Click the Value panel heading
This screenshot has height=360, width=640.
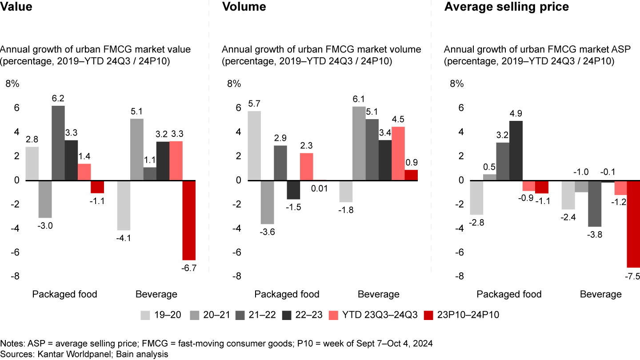[17, 7]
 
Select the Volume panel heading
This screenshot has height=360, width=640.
[244, 7]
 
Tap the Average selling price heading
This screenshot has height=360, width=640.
[506, 7]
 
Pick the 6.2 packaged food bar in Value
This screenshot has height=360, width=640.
[58, 143]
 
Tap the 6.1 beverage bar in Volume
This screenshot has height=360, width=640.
[359, 144]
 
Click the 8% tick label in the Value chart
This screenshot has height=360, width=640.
[12, 84]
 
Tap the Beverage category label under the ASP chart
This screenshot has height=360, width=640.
[600, 294]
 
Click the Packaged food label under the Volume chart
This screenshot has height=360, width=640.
[287, 294]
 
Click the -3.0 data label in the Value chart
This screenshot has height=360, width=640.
[45, 226]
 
